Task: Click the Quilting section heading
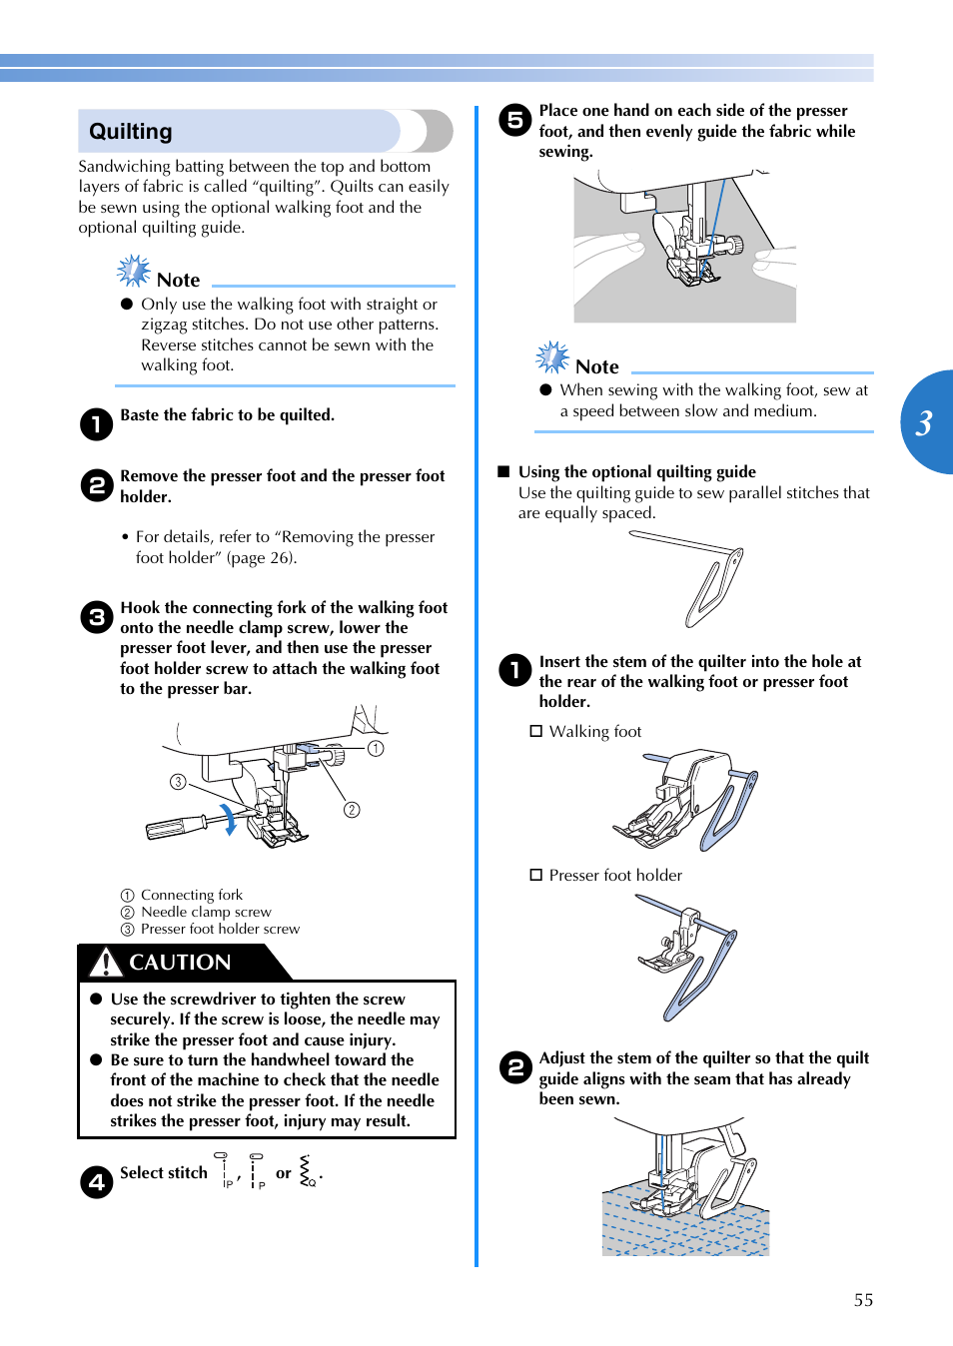131,132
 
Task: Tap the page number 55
863,1300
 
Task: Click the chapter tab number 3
924,423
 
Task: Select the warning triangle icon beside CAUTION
105,962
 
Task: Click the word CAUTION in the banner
180,963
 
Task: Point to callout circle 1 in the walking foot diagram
376,748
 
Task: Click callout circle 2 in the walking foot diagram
352,810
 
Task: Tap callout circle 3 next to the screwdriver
178,782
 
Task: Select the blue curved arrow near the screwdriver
230,819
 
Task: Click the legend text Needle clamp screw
206,912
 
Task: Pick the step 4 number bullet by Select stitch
96,1182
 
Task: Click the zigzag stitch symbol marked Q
307,1170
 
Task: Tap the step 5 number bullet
515,121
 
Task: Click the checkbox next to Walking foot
536,731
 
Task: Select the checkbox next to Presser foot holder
536,875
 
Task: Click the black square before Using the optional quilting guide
503,471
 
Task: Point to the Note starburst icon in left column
133,271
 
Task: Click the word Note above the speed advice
596,367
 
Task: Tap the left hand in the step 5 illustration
609,255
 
